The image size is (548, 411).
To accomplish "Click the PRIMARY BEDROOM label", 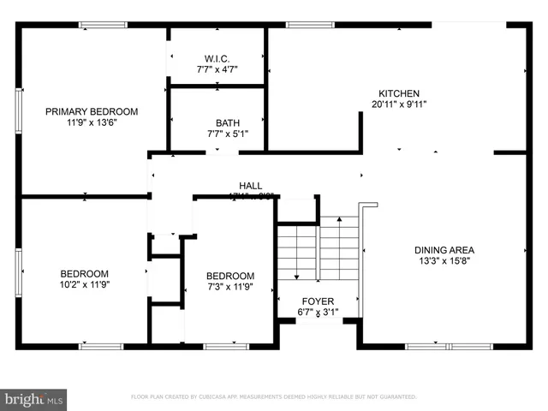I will pyautogui.click(x=92, y=111).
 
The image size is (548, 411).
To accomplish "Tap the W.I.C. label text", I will pyautogui.click(x=217, y=58).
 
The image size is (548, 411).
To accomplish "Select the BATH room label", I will pyautogui.click(x=217, y=122).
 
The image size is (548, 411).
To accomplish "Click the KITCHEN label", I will pyautogui.click(x=399, y=93).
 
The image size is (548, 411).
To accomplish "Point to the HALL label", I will pyautogui.click(x=250, y=185).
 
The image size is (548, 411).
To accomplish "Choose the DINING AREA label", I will pyautogui.click(x=444, y=250).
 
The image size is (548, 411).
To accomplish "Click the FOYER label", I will pyautogui.click(x=317, y=302).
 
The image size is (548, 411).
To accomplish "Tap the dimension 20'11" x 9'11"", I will pyautogui.click(x=399, y=104).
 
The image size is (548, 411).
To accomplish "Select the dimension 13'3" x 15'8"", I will pyautogui.click(x=444, y=261).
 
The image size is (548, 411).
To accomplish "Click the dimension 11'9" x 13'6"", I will pyautogui.click(x=92, y=122).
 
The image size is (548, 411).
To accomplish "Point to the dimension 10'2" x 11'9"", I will pyautogui.click(x=84, y=285).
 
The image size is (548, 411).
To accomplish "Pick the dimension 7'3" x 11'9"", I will pyautogui.click(x=230, y=286).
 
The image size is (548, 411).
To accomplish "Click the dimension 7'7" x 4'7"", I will pyautogui.click(x=217, y=69).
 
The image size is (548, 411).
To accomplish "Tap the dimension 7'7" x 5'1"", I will pyautogui.click(x=217, y=134).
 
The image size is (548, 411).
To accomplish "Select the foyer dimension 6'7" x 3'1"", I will pyautogui.click(x=317, y=313).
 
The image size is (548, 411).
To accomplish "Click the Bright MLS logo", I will pyautogui.click(x=34, y=399).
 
